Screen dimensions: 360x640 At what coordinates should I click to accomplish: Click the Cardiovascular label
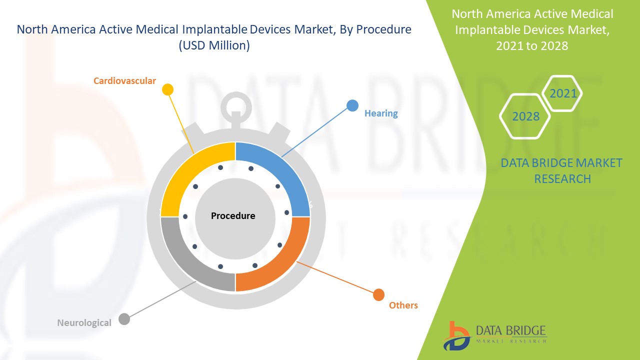124,80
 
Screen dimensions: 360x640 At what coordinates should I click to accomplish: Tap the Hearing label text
381,113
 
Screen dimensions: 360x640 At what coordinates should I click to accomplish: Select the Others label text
403,305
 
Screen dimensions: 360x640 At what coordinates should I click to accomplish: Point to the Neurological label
84,322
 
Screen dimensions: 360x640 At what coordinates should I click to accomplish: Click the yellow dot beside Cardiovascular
168,89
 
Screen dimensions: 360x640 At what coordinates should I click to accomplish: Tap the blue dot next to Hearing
352,105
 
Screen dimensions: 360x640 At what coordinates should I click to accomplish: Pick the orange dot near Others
379,294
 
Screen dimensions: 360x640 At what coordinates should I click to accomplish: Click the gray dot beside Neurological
124,319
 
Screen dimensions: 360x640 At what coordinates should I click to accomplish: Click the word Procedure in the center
233,216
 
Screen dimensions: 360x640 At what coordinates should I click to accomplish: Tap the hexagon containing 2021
563,93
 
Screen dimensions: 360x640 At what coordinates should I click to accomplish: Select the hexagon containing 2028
525,116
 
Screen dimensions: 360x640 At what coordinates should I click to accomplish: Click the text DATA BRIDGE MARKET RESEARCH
561,170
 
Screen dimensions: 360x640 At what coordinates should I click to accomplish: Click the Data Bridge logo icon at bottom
456,335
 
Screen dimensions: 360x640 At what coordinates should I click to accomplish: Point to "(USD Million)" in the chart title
214,45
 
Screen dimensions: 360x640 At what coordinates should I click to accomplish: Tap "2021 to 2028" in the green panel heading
532,45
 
